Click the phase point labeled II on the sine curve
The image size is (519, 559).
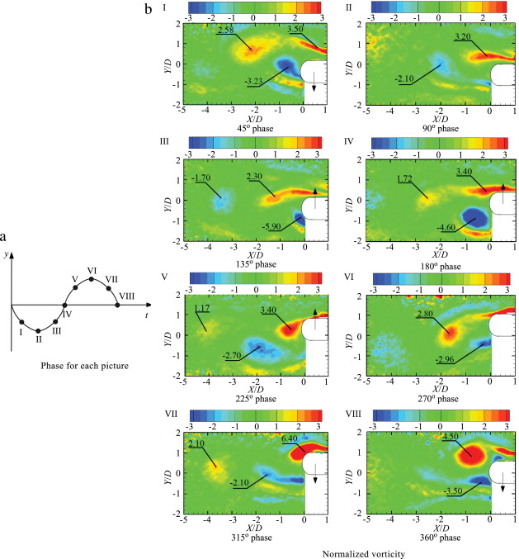point(38,330)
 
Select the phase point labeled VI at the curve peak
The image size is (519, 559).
point(91,279)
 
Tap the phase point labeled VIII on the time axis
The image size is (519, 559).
point(118,305)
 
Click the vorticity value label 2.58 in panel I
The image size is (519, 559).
point(227,31)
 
